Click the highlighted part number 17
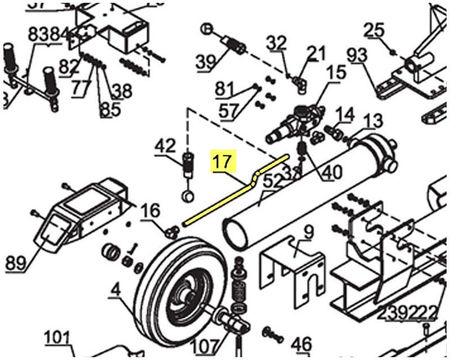222,161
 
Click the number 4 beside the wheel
115,292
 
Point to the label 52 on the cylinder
273,181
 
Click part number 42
165,146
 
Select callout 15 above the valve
337,73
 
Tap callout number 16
150,211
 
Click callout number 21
317,54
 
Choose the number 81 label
224,89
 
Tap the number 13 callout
373,120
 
